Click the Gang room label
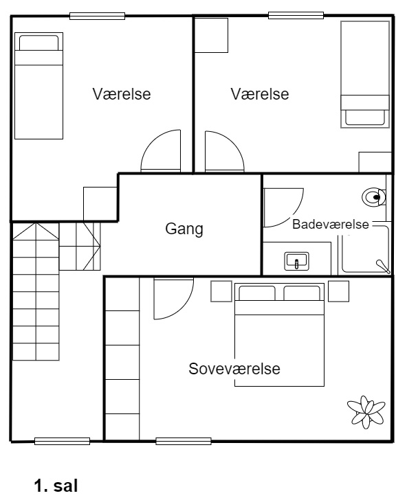tap(184, 229)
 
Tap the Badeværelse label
tap(331, 224)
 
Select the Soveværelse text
tap(234, 369)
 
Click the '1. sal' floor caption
tap(56, 486)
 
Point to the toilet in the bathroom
tap(374, 197)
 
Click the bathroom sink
tap(296, 261)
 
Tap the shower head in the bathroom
tap(383, 267)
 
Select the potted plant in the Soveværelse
tap(366, 412)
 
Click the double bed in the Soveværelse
tap(279, 334)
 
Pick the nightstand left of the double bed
tap(221, 291)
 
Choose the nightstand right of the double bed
tap(338, 291)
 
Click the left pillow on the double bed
tap(257, 293)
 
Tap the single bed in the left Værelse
tap(38, 86)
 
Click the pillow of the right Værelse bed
tap(365, 117)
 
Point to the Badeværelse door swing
tap(283, 207)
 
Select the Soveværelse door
tap(173, 299)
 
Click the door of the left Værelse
tap(160, 150)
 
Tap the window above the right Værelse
tap(296, 15)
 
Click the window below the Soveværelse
tap(184, 442)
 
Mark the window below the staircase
tap(63, 442)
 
